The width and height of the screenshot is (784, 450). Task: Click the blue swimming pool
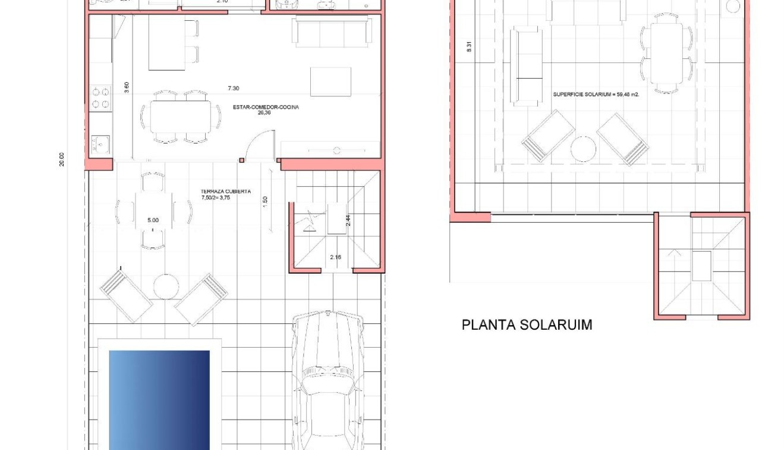tap(159, 399)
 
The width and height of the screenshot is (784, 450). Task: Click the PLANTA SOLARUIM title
tap(527, 325)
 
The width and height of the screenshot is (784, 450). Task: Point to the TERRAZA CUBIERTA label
tap(226, 192)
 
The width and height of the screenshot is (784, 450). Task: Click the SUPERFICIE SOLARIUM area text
tap(596, 94)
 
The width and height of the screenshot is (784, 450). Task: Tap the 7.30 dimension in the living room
tap(234, 88)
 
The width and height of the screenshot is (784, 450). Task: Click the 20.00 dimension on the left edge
tap(62, 159)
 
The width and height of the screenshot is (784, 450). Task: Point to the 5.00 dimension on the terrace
tap(153, 220)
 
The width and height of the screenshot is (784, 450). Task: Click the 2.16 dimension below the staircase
tap(336, 258)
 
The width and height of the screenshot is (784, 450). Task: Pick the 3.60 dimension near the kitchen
tap(126, 87)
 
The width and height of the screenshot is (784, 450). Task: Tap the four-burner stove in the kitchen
tap(101, 98)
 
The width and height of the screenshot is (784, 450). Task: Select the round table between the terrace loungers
tap(166, 286)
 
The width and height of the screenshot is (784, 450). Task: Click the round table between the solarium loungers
tap(584, 149)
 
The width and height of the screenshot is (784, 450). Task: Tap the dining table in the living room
tap(180, 117)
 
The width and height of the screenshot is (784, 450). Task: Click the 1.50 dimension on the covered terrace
tap(265, 201)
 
